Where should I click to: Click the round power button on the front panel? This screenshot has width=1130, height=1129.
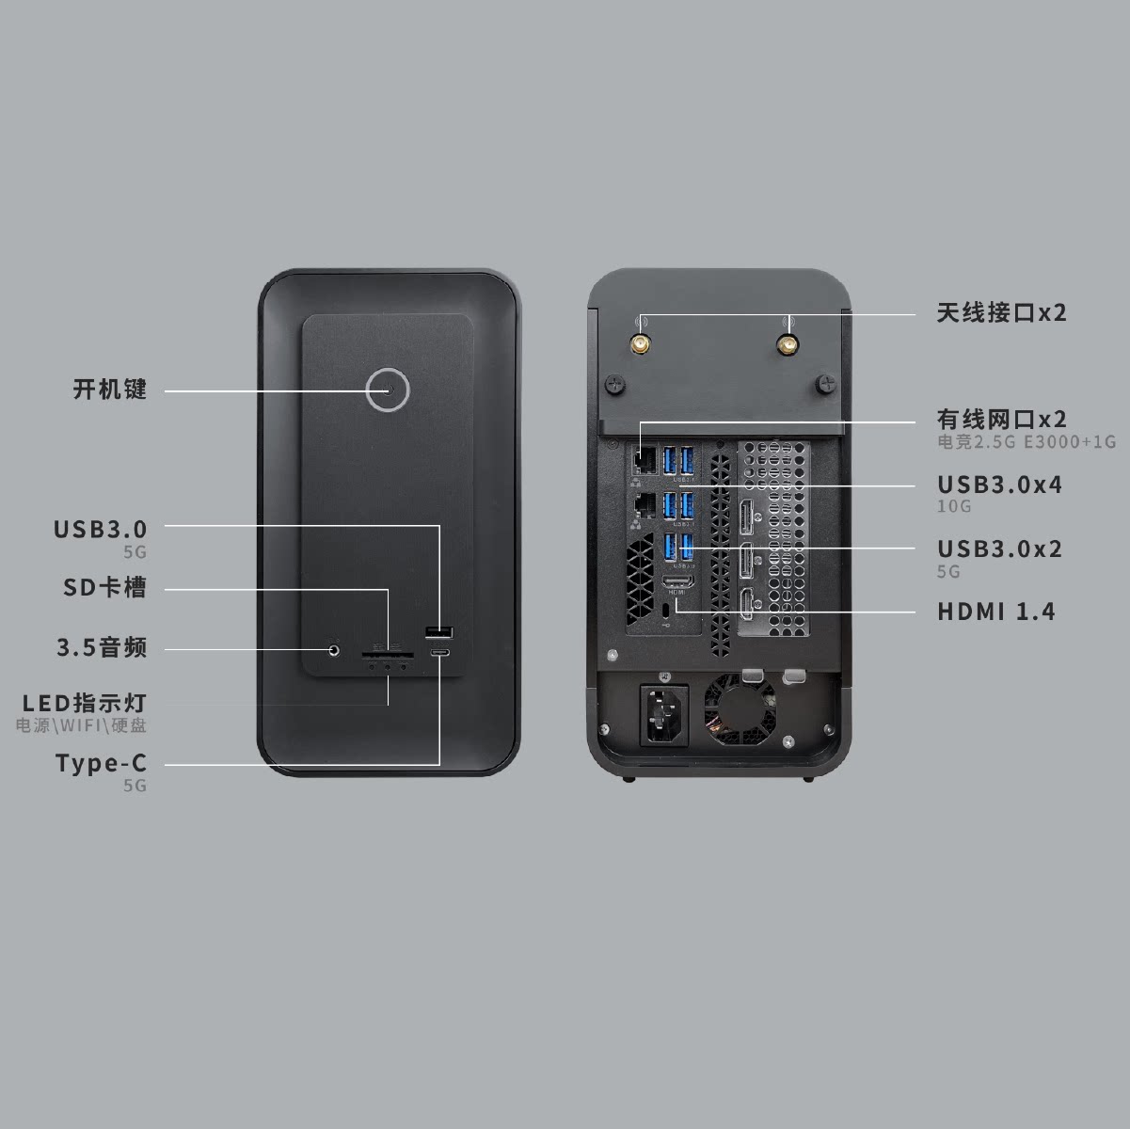click(x=388, y=390)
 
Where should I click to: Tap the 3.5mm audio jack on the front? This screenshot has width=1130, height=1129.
click(x=334, y=648)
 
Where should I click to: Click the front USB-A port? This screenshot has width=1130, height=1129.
click(x=439, y=631)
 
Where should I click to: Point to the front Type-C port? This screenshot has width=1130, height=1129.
click(x=439, y=651)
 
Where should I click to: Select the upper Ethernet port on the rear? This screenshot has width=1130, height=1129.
click(x=646, y=461)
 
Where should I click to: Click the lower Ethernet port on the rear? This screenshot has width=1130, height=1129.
click(x=646, y=505)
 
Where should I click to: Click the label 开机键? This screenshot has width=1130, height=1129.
click(x=110, y=390)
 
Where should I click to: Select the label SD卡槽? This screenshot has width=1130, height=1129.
click(x=104, y=589)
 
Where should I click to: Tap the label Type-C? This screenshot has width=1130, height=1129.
click(x=102, y=763)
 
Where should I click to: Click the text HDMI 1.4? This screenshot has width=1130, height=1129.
click(x=995, y=612)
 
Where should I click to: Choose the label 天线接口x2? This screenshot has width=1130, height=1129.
click(x=1001, y=313)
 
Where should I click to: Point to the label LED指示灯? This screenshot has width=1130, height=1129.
click(x=85, y=703)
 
